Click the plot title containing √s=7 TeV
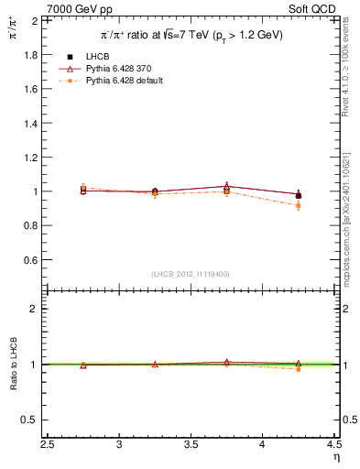tap(191, 35)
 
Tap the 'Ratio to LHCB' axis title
tap(14, 364)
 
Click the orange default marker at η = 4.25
tap(299, 205)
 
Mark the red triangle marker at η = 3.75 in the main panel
tap(227, 186)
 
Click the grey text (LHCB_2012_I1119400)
tap(191, 274)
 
